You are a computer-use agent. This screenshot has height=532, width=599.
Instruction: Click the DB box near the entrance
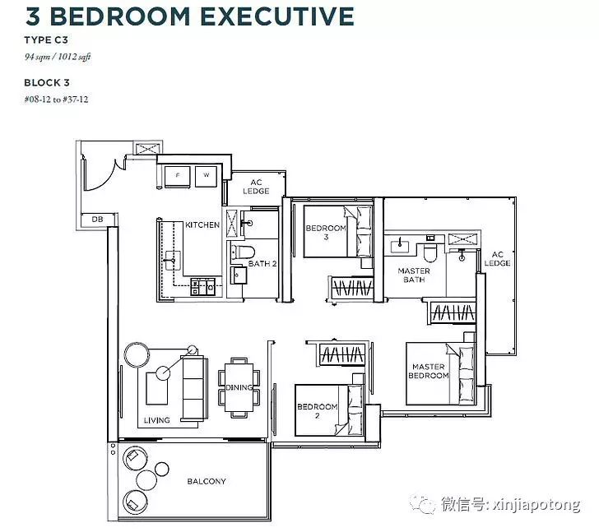coord(98,220)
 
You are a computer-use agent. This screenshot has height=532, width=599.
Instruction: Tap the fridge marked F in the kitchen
coord(177,176)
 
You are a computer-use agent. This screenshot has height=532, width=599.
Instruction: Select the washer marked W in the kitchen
coord(207,176)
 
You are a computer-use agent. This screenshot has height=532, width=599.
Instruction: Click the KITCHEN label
coord(202,225)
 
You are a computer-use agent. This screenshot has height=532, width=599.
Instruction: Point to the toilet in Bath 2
coord(244,252)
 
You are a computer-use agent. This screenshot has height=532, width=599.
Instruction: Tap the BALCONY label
coord(207,481)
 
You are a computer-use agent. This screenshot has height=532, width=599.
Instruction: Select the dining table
coord(239,387)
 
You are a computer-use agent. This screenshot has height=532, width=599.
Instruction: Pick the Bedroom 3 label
coord(326,233)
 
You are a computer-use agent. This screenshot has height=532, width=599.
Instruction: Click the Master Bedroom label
coord(428,371)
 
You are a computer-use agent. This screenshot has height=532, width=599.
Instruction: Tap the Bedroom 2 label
coord(317,411)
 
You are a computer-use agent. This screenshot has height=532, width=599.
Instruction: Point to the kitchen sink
coord(172,261)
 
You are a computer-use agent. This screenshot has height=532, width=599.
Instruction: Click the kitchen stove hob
coord(203,287)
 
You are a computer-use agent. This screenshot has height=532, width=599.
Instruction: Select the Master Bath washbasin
coord(400,247)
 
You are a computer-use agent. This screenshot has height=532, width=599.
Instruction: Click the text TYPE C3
coord(46,40)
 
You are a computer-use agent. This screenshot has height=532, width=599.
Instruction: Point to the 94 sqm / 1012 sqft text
coord(58,57)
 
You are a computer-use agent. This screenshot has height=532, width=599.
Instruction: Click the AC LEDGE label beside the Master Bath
coord(497,259)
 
